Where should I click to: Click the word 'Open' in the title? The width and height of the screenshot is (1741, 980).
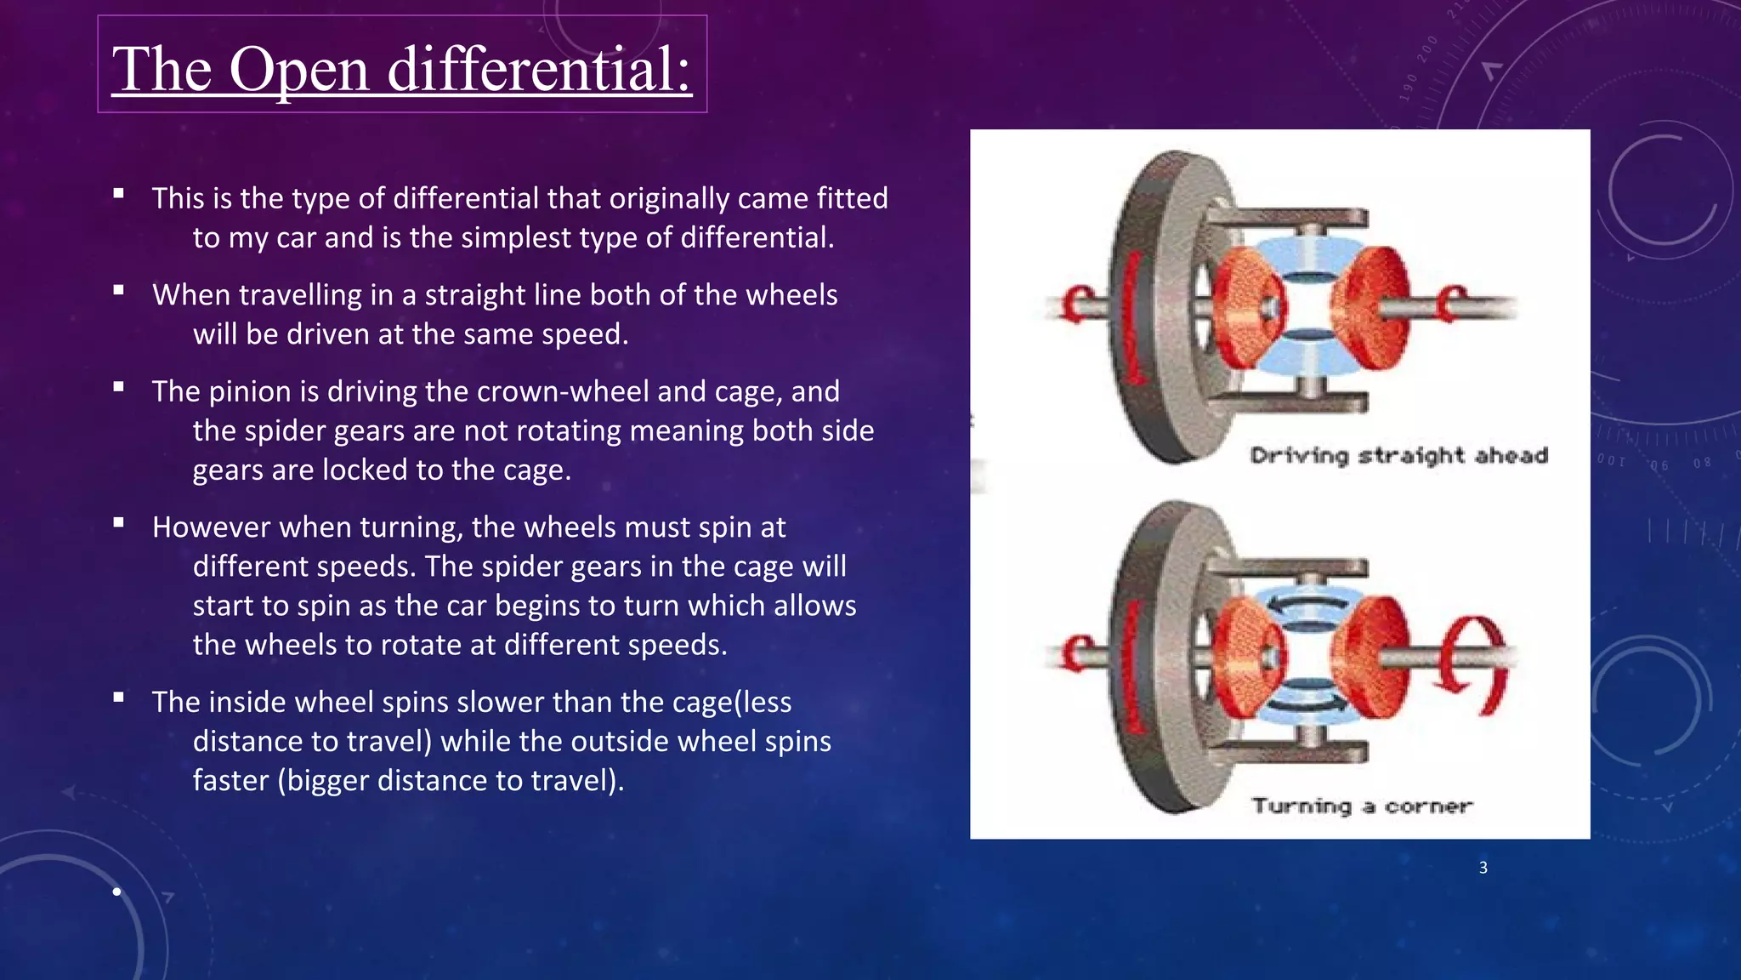(x=299, y=70)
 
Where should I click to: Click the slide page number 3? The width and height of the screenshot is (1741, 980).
(x=1483, y=868)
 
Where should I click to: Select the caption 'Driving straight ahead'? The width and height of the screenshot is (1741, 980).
(x=1398, y=456)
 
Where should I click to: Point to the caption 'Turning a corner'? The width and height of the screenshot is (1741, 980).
(x=1362, y=806)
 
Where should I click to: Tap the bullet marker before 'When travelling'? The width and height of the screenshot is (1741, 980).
(x=119, y=290)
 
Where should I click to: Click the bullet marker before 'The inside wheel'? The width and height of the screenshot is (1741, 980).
(x=119, y=698)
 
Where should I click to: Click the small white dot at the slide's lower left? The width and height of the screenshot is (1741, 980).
(x=116, y=892)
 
